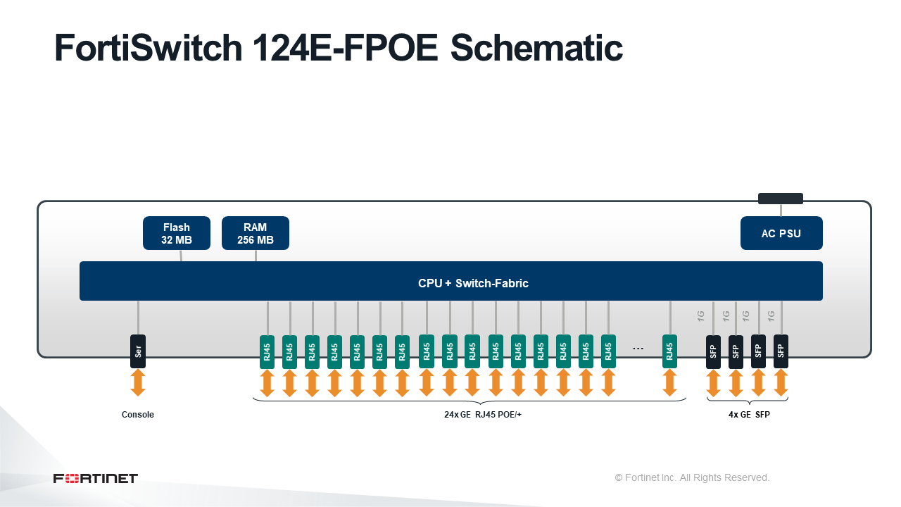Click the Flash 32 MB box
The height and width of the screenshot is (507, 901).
click(x=177, y=233)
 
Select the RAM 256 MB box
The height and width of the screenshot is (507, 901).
click(x=256, y=233)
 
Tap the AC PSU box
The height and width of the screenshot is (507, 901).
click(x=781, y=233)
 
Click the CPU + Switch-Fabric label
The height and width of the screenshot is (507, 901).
click(x=473, y=283)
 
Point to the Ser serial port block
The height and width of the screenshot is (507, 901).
click(x=138, y=351)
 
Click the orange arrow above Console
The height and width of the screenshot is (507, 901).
click(x=138, y=383)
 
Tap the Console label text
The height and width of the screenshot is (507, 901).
click(x=137, y=415)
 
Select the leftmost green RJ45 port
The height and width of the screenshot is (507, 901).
click(x=267, y=351)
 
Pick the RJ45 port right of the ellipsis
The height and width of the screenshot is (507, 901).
click(x=669, y=351)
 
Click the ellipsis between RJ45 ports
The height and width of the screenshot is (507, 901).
click(x=638, y=349)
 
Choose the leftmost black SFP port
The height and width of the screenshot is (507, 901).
click(x=713, y=351)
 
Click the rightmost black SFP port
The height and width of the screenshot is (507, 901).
click(x=781, y=351)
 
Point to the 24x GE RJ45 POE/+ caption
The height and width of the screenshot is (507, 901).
click(x=483, y=415)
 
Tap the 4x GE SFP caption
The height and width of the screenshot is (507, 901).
click(x=749, y=415)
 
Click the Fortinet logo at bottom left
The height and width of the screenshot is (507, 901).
click(x=95, y=478)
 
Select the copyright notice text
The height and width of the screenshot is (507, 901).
click(x=692, y=477)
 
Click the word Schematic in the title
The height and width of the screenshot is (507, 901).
click(x=536, y=48)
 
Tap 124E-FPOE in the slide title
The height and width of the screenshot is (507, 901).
click(x=346, y=48)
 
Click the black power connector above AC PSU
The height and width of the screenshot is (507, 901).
click(x=781, y=199)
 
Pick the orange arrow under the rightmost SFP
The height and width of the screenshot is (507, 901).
click(x=781, y=383)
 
